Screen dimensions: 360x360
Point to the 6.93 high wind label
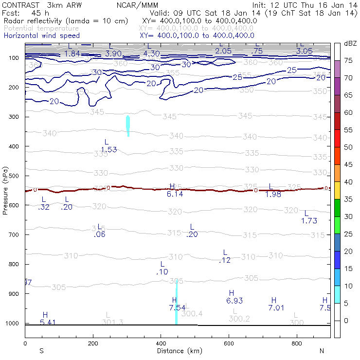(234, 301)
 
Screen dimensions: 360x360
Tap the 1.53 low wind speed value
(109, 149)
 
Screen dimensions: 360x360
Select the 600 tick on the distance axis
(229, 344)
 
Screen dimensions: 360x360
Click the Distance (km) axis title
(174, 351)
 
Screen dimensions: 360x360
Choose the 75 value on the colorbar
(348, 61)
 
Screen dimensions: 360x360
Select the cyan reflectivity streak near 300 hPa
(128, 126)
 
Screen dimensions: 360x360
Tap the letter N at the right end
(322, 351)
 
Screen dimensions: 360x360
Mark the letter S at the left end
(42, 351)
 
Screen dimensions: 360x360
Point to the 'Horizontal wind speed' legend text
(41, 36)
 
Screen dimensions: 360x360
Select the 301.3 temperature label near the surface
(112, 322)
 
